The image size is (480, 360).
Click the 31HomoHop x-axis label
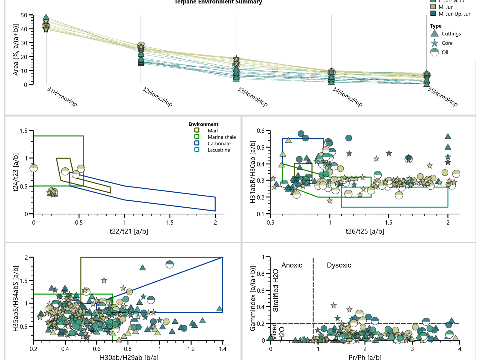(x=62, y=97)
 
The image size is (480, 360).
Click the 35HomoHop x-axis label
(x=442, y=97)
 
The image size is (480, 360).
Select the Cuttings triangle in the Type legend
(x=434, y=34)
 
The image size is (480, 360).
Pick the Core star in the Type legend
(x=434, y=43)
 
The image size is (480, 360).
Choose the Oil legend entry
(x=445, y=52)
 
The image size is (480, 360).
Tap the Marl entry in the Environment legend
(x=212, y=130)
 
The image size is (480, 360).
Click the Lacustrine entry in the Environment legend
(x=218, y=150)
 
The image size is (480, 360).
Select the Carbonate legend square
(x=197, y=143)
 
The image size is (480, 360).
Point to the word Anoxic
(x=292, y=265)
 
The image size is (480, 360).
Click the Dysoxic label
(x=339, y=265)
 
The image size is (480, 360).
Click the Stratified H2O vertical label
(x=275, y=290)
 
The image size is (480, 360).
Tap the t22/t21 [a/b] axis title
(x=129, y=231)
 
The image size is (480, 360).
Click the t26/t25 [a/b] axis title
(x=365, y=231)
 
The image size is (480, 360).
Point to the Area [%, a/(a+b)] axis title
(x=16, y=50)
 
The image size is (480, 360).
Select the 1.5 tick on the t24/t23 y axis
(x=24, y=131)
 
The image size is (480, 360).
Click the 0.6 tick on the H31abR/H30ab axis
(x=261, y=131)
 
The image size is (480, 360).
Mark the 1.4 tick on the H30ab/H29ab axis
(x=223, y=349)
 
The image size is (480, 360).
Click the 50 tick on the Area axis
(x=24, y=15)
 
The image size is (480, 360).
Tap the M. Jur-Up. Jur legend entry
(x=454, y=14)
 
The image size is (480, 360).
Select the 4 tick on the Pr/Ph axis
(x=460, y=349)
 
